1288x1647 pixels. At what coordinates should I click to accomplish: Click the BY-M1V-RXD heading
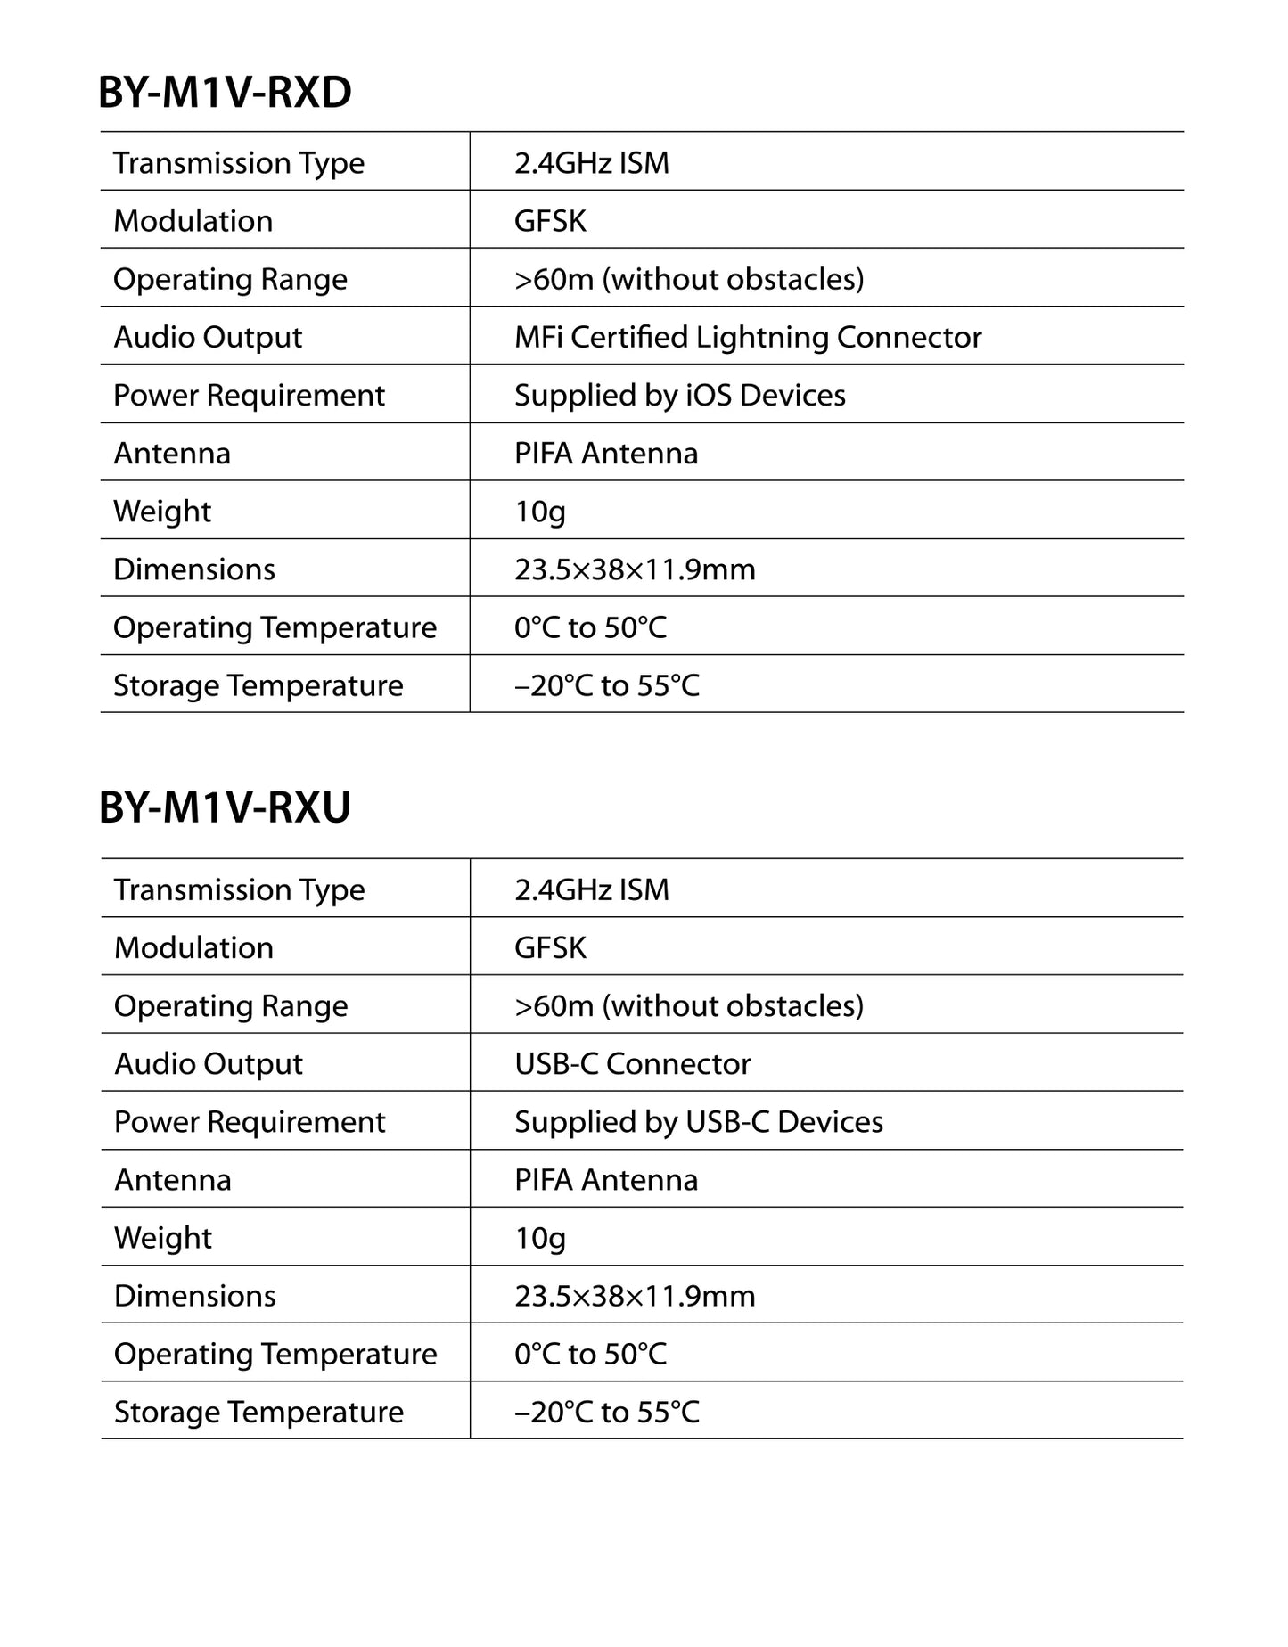coord(225,93)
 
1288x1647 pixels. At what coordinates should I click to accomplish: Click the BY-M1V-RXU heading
coord(225,807)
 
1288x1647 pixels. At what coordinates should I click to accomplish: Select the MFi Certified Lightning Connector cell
coord(747,337)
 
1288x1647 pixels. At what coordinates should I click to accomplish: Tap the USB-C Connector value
coord(632,1063)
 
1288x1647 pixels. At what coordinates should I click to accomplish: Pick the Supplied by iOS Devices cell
coord(679,395)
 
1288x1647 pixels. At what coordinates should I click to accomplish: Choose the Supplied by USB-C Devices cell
coord(698,1121)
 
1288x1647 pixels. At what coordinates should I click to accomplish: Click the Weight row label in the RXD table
coord(162,512)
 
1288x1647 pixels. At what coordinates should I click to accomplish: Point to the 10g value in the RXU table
coord(539,1238)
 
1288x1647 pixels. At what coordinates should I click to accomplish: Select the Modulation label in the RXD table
coord(193,221)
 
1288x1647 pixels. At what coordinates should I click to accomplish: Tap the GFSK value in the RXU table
coord(550,947)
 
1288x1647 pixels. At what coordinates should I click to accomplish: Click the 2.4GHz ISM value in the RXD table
coord(591,163)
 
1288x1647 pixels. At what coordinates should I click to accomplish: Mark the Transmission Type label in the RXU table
coord(239,889)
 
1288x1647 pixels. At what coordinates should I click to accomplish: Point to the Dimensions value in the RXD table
coord(634,569)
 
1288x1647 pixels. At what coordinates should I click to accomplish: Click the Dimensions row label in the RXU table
coord(194,1296)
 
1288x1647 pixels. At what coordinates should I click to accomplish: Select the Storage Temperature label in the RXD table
coord(258,685)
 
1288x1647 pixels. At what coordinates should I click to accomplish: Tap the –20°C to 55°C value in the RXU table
coord(606,1412)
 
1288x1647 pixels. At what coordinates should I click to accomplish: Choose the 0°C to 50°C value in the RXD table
coord(590,627)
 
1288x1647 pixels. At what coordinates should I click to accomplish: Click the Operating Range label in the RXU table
coord(230,1005)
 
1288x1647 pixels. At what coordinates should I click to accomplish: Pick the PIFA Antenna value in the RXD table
coord(605,454)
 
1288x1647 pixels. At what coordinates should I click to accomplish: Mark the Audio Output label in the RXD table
coord(208,337)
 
